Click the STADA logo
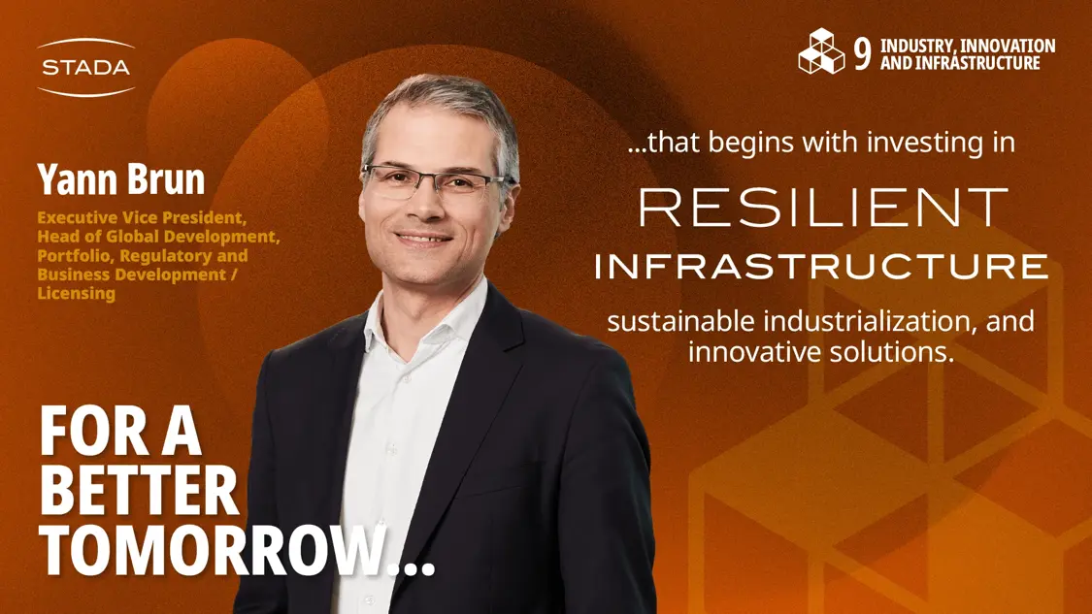pyautogui.click(x=85, y=68)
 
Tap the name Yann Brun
pyautogui.click(x=121, y=178)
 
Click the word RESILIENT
pyautogui.click(x=823, y=208)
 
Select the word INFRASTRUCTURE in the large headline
pyautogui.click(x=821, y=267)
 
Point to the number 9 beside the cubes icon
pyautogui.click(x=862, y=53)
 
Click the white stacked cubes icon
pyautogui.click(x=821, y=51)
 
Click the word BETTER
pyautogui.click(x=139, y=490)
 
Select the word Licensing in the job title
pyautogui.click(x=77, y=293)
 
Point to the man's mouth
pyautogui.click(x=423, y=239)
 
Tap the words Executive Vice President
pyautogui.click(x=142, y=218)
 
